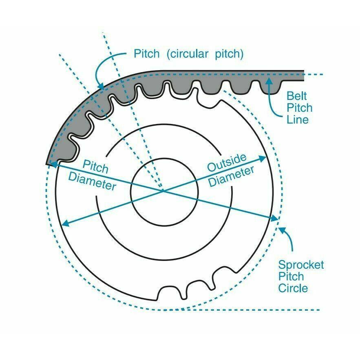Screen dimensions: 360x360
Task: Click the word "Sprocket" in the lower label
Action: tap(301, 265)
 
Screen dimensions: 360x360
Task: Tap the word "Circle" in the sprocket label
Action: tap(293, 288)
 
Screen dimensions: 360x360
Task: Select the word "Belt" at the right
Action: tap(297, 96)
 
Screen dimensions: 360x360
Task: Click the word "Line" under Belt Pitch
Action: tap(298, 119)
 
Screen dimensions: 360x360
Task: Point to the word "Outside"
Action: tap(227, 163)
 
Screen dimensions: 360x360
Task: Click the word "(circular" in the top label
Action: tap(188, 54)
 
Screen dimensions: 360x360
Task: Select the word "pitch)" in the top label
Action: tap(229, 54)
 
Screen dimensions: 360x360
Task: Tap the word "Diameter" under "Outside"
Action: tap(232, 176)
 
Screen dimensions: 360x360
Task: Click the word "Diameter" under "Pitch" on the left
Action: tap(92, 181)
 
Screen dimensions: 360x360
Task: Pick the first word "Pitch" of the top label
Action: tap(146, 54)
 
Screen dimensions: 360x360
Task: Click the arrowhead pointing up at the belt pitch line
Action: tap(270, 81)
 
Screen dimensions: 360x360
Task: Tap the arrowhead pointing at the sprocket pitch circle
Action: tap(281, 230)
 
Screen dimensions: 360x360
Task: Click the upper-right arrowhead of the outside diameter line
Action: tap(263, 158)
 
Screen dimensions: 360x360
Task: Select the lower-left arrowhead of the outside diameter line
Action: tap(66, 223)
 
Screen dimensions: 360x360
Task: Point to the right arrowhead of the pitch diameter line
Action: tap(275, 218)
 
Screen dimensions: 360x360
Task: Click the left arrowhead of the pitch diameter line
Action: tap(53, 164)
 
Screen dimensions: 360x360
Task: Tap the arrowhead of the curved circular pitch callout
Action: tap(101, 86)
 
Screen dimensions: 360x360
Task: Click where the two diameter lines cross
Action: tap(163, 190)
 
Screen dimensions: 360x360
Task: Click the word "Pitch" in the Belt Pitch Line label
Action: tap(300, 108)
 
